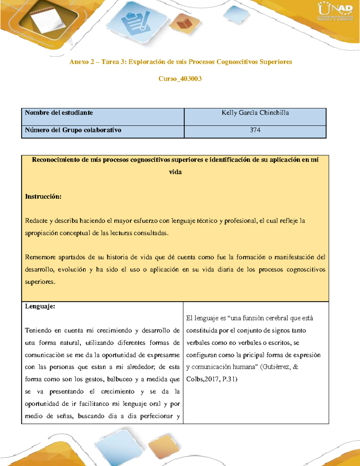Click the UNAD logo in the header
click(335, 12)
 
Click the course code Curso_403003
click(180, 79)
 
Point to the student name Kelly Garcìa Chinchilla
click(255, 113)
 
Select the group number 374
click(255, 130)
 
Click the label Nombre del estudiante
click(59, 113)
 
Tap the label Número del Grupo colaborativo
click(73, 130)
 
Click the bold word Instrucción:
click(43, 197)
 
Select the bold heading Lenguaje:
click(40, 306)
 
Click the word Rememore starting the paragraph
click(40, 257)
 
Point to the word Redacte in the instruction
click(36, 221)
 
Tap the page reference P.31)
click(230, 379)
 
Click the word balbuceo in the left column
click(120, 379)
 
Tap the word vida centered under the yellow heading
click(175, 172)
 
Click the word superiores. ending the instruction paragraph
click(40, 282)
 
